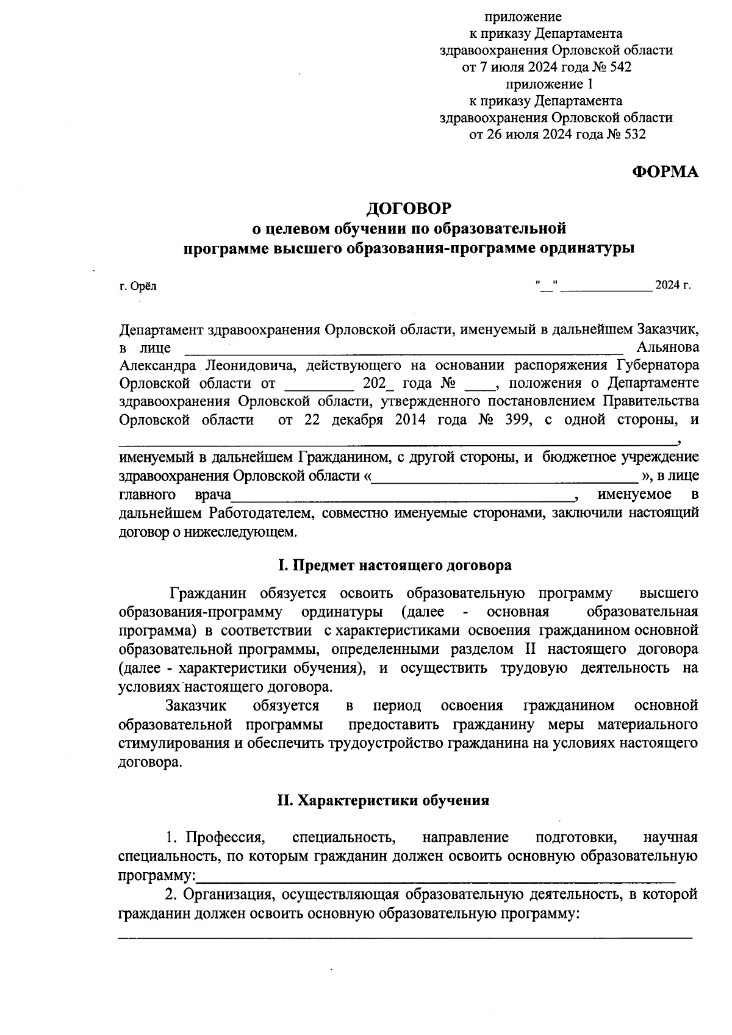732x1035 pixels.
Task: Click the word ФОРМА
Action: tap(665, 172)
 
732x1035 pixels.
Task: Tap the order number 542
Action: tap(619, 67)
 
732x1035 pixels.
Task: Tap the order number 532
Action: tap(633, 134)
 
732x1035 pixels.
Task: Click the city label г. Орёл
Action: tap(138, 286)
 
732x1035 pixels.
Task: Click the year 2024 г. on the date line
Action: tap(673, 285)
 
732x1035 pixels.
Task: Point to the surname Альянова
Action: tap(667, 348)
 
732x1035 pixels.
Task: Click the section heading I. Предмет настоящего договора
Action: tap(394, 565)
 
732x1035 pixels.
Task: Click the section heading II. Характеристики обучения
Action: tap(382, 800)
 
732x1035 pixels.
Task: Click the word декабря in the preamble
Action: tap(359, 420)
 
